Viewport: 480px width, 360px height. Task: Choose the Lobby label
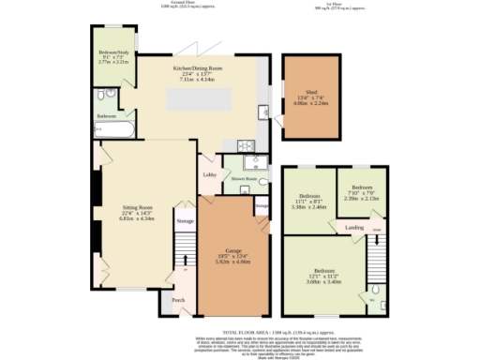[x=209, y=174]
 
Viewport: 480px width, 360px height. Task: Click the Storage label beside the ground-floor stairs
[x=186, y=221]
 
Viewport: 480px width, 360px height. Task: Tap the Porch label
[x=178, y=300]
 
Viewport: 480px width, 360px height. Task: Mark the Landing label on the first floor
[x=354, y=227]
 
